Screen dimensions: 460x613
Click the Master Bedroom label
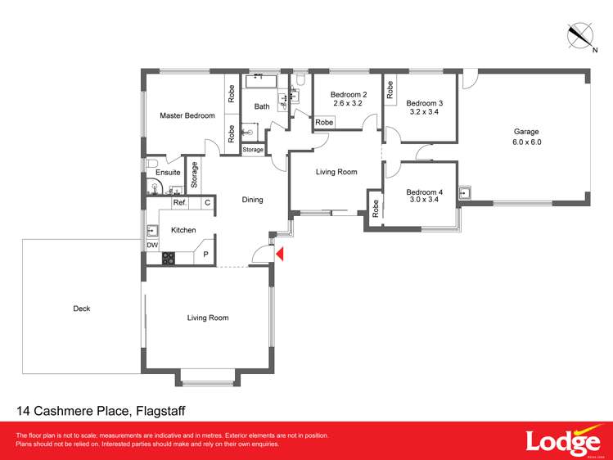coord(187,115)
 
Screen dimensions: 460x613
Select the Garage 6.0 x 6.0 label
coord(527,137)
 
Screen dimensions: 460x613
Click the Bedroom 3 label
coord(424,108)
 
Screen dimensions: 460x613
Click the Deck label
coord(81,309)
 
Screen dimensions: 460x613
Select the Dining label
coord(252,200)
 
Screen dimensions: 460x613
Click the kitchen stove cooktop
coord(169,258)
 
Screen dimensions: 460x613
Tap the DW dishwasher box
coord(151,245)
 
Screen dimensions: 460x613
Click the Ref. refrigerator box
coord(180,202)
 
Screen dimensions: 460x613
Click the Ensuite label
coord(168,173)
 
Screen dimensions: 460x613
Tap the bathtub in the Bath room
coord(263,83)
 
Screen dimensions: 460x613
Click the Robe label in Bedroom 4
coord(375,209)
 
